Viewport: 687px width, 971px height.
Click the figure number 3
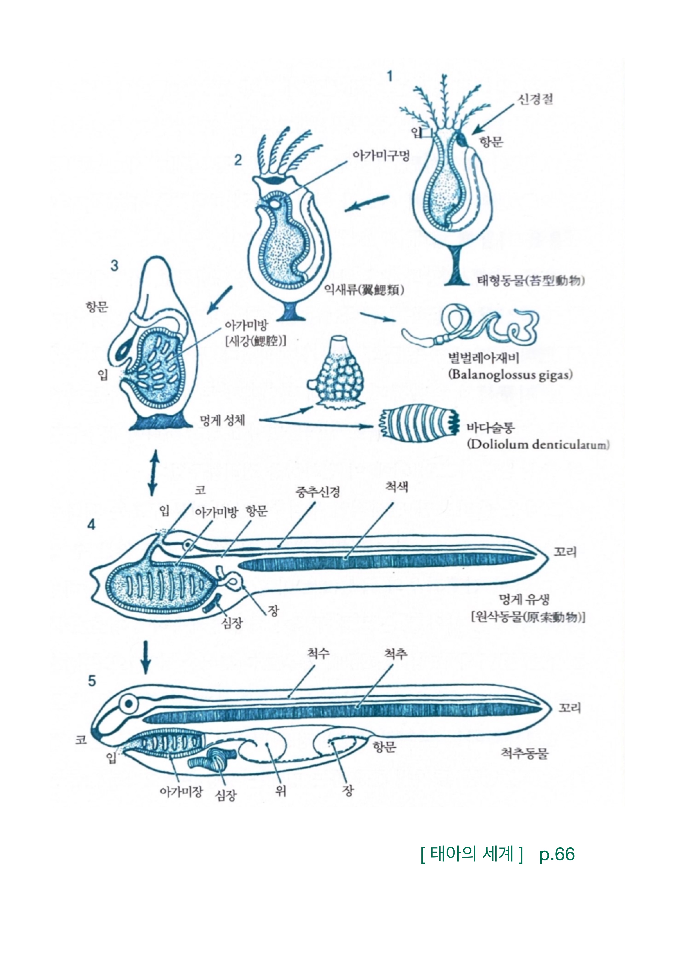pos(114,266)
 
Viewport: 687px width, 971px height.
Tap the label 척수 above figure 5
pos(318,653)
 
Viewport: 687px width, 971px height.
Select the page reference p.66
pos(557,854)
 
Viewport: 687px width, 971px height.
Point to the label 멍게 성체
pos(222,420)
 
